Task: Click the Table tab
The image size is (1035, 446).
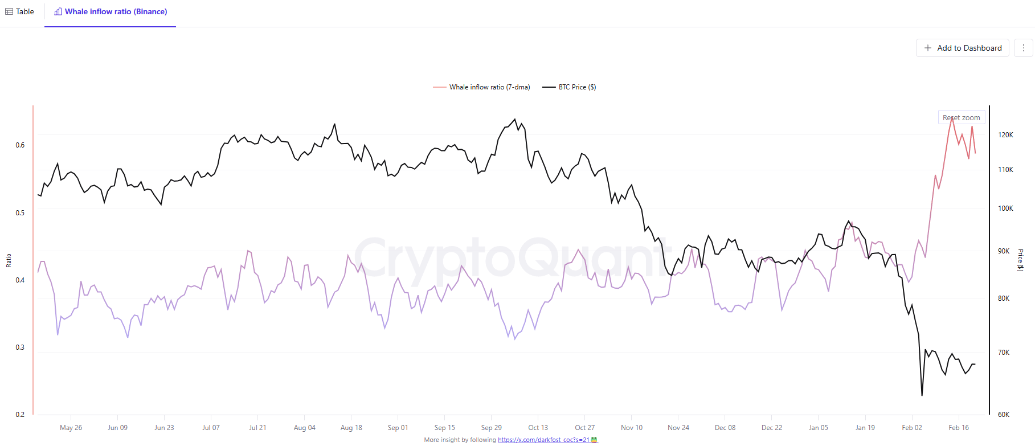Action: (x=20, y=11)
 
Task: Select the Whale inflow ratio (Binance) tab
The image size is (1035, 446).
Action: (x=111, y=11)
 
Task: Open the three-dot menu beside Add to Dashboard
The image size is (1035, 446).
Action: (x=1023, y=48)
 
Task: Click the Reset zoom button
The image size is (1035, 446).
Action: (x=961, y=117)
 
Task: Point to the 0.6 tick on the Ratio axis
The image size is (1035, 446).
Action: (x=20, y=145)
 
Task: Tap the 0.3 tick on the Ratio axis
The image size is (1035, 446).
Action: (x=20, y=347)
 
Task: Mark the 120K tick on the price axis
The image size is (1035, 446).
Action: (x=1005, y=135)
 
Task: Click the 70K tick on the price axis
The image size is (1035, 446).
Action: (x=1004, y=353)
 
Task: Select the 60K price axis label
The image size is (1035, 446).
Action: (x=1004, y=415)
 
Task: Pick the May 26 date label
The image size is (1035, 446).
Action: (x=71, y=428)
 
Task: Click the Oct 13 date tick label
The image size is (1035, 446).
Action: (x=538, y=428)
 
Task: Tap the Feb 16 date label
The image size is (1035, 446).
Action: (x=958, y=428)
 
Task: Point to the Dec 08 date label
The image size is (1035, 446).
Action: (x=725, y=428)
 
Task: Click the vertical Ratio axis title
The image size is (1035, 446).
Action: (x=9, y=260)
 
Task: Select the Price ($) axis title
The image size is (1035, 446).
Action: (x=1020, y=260)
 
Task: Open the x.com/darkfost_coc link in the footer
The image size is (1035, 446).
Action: (x=543, y=440)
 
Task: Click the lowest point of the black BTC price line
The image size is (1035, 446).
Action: (x=922, y=395)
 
